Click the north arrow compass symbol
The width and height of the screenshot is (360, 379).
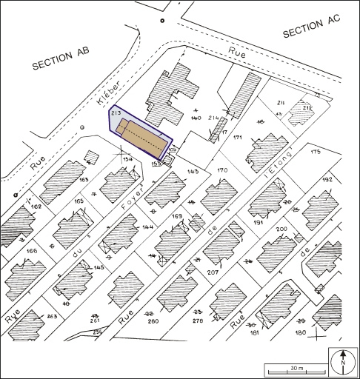pyautogui.click(x=343, y=361)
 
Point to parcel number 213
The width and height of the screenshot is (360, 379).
pyautogui.click(x=116, y=113)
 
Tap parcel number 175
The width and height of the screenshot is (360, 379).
pyautogui.click(x=316, y=152)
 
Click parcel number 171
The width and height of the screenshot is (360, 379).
pyautogui.click(x=238, y=138)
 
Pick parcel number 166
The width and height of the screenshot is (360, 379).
pyautogui.click(x=30, y=252)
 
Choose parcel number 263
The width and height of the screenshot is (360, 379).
pyautogui.click(x=52, y=316)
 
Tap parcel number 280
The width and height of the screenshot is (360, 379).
pyautogui.click(x=153, y=321)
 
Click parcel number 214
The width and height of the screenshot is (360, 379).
pyautogui.click(x=213, y=118)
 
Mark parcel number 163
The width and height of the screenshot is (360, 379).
pyautogui.click(x=84, y=179)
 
